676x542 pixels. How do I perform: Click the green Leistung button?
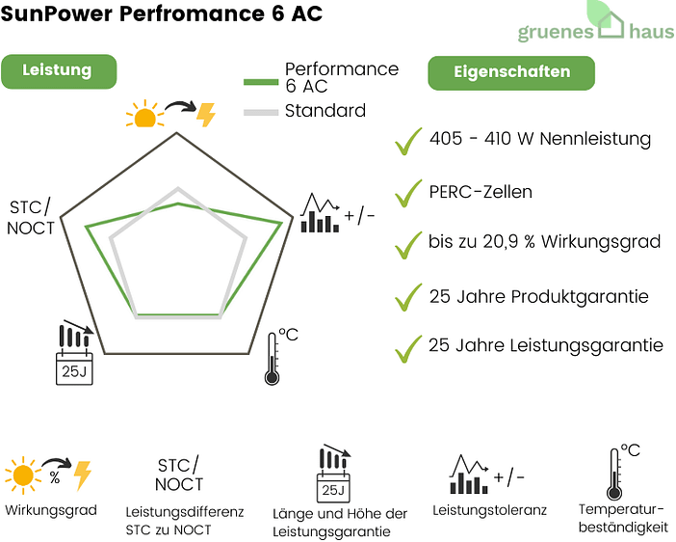click(57, 70)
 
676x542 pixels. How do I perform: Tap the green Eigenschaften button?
click(510, 72)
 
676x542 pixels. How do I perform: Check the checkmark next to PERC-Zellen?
click(408, 192)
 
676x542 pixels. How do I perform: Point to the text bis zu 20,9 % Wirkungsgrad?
click(544, 242)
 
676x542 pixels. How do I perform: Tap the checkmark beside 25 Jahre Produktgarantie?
click(408, 296)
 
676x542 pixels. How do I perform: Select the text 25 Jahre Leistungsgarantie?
click(545, 345)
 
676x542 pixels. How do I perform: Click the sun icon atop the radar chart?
click(144, 116)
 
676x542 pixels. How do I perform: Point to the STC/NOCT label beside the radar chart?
click(32, 218)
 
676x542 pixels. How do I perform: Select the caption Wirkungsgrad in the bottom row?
click(51, 510)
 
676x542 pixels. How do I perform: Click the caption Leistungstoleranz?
click(489, 510)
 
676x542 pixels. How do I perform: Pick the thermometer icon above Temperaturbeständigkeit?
click(615, 472)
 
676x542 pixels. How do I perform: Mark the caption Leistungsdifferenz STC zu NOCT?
click(185, 521)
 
